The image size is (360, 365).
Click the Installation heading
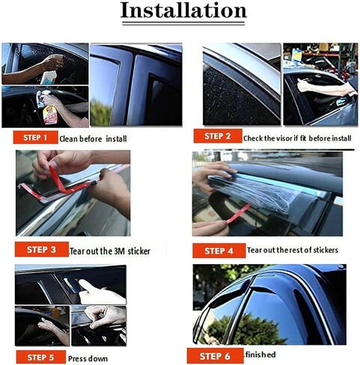pos(183,11)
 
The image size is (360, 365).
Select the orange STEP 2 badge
pos(217,136)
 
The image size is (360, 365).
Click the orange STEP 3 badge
pos(40,248)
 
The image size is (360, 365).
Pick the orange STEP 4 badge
pos(217,249)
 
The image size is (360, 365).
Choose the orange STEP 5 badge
pos(40,357)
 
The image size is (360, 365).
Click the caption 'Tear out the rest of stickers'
pos(292,250)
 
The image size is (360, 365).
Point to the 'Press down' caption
pos(88,358)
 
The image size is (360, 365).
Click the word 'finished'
pos(260,354)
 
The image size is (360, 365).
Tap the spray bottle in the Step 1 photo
pos(49,76)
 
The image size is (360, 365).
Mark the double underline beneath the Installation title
pos(183,28)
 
